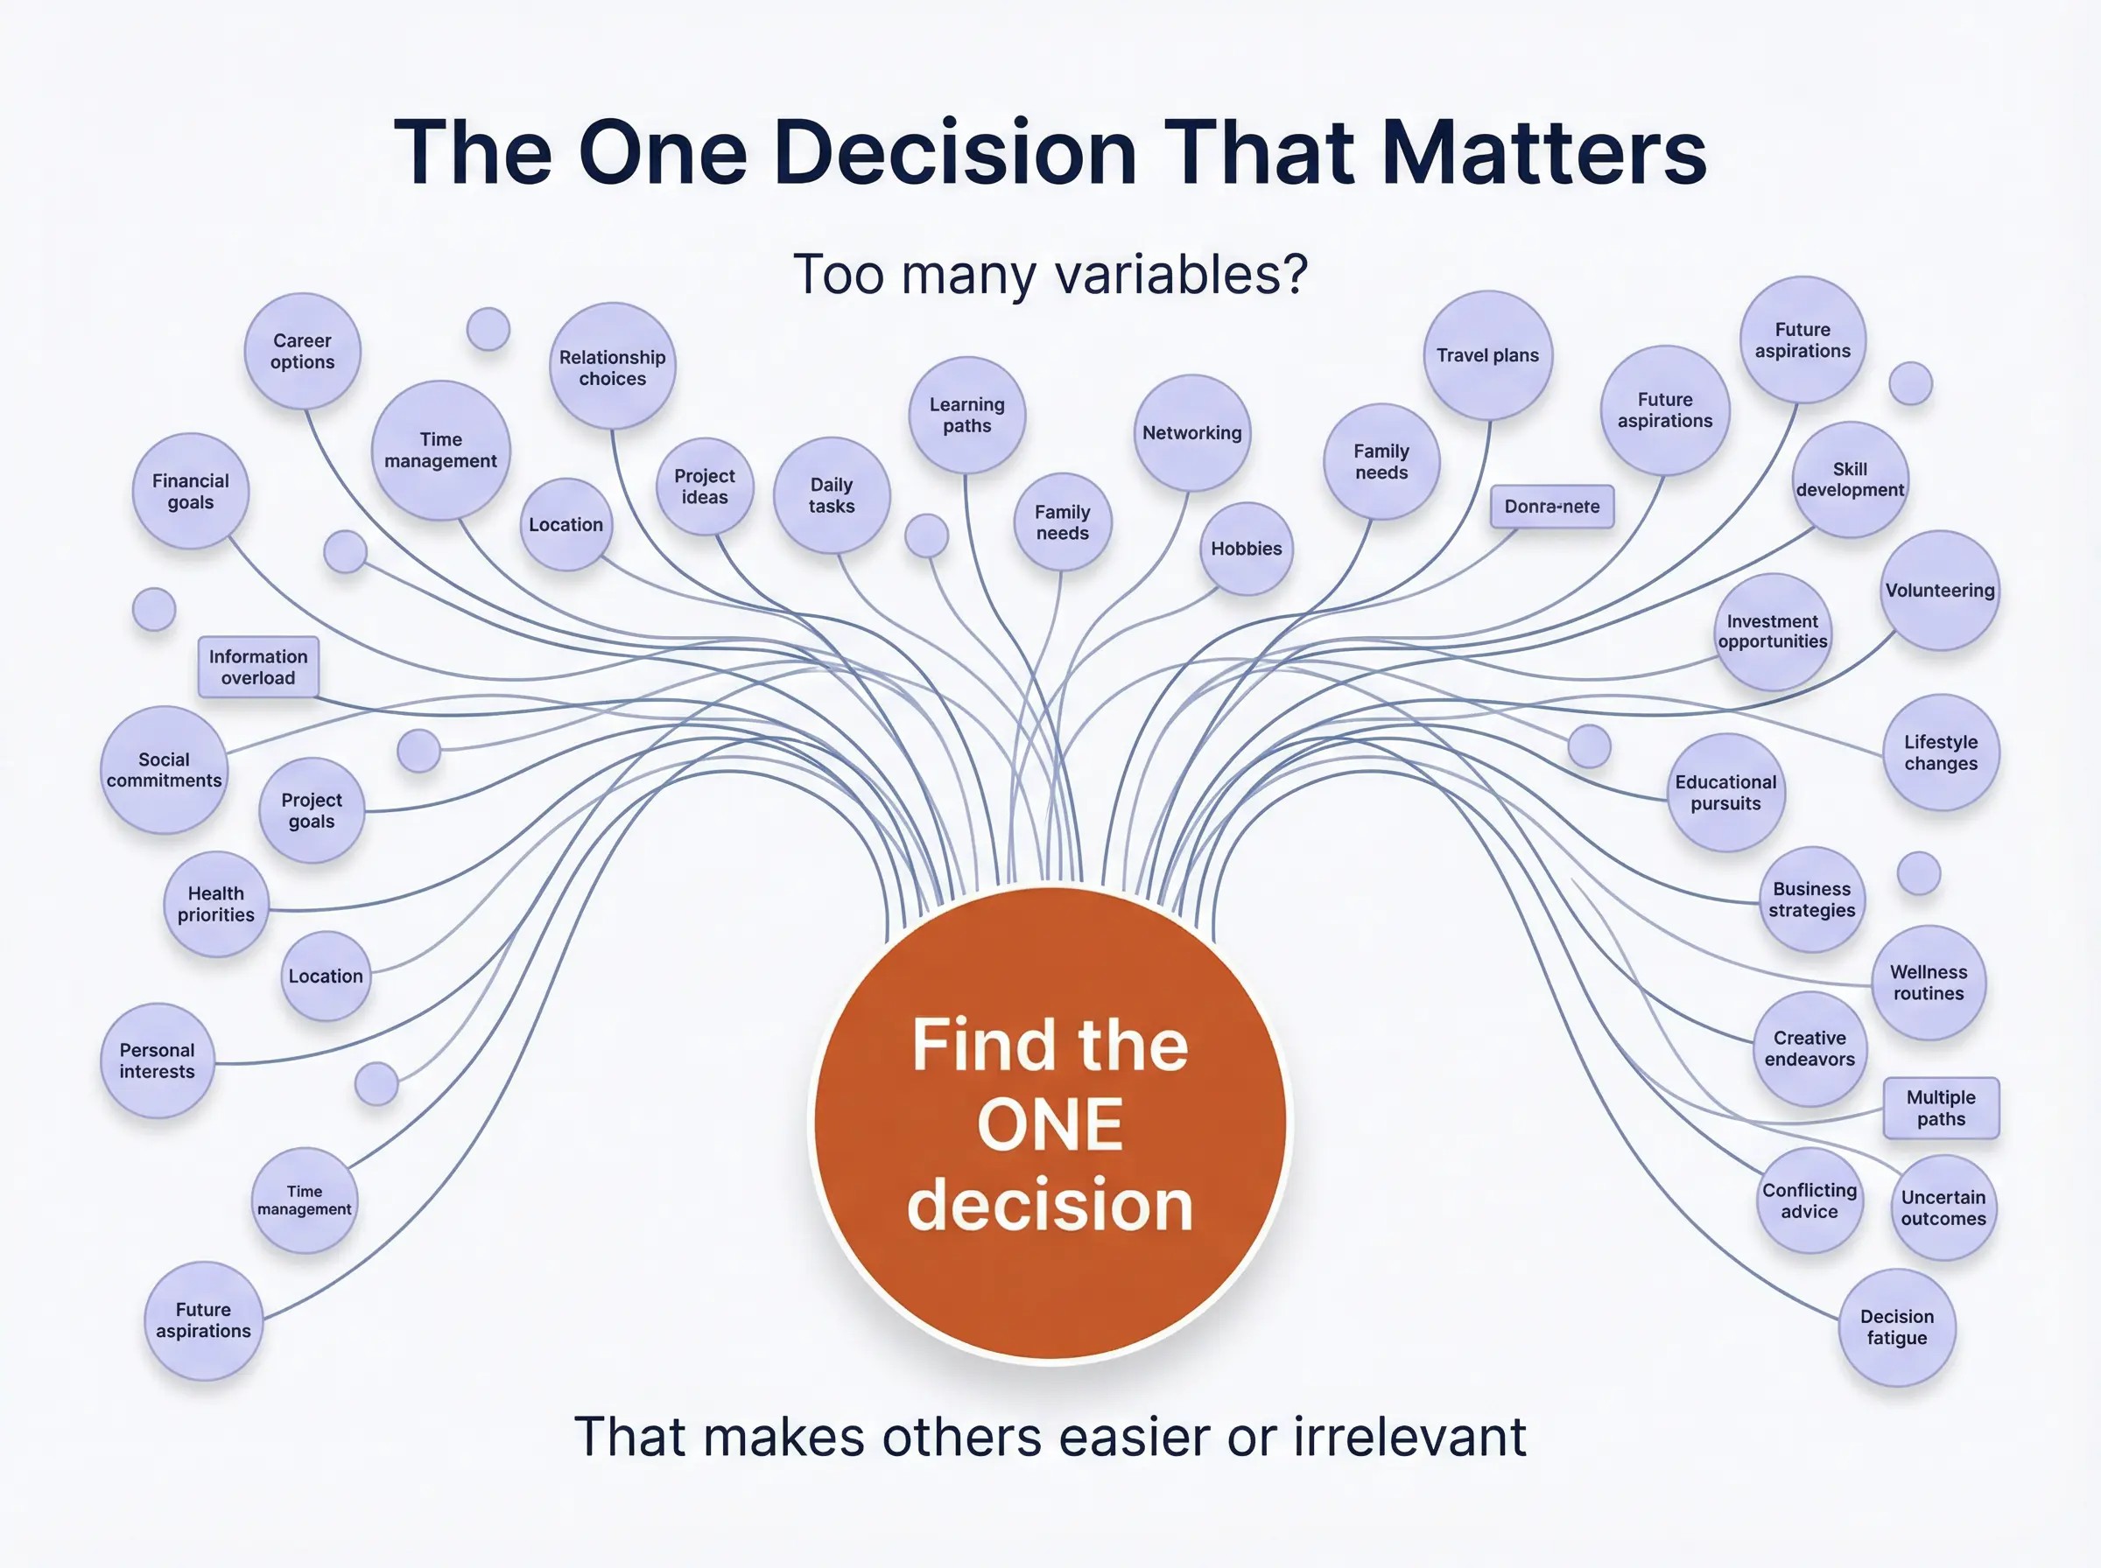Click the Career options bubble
[x=302, y=351]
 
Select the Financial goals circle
[x=191, y=492]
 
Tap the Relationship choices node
[x=613, y=367]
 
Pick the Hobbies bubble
[x=1247, y=549]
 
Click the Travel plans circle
[x=1487, y=355]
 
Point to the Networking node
[x=1192, y=433]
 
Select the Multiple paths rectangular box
[x=1941, y=1108]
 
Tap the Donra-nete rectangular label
[x=1552, y=507]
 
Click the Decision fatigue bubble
[x=1897, y=1326]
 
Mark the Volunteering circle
[x=1940, y=591]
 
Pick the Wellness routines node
[x=1929, y=983]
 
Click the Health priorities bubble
[x=215, y=904]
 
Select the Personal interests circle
[x=157, y=1060]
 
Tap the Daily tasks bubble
[x=832, y=495]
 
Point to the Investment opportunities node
[x=1773, y=632]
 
